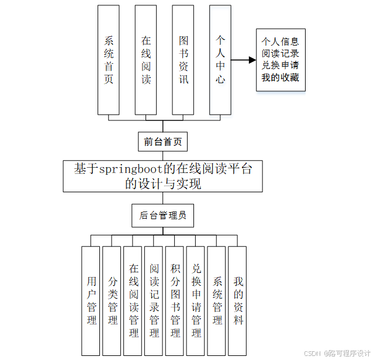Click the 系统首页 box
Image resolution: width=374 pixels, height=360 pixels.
pos(109,60)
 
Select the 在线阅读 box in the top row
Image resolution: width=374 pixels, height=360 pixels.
pos(146,60)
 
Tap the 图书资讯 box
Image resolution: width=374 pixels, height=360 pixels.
pos(183,60)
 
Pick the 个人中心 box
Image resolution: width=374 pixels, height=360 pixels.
pos(220,60)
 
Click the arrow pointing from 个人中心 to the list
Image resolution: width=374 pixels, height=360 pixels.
pos(243,60)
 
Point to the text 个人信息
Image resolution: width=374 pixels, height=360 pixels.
pos(280,41)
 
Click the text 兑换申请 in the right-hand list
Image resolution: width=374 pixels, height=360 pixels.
pos(280,65)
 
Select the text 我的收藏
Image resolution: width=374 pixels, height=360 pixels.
pos(280,77)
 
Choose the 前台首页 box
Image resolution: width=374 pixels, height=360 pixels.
pos(163,141)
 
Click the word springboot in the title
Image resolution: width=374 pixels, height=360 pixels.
pos(131,169)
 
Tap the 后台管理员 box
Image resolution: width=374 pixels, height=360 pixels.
pos(163,216)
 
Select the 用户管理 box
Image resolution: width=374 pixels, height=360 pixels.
pos(91,300)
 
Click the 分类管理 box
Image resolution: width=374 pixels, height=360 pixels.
pos(112,300)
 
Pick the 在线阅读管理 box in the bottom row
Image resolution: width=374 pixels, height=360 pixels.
pos(133,300)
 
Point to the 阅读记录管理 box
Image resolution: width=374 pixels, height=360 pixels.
pos(154,300)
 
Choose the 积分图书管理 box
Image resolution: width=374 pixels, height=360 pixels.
pos(175,300)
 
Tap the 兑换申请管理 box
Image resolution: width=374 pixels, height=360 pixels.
pos(196,300)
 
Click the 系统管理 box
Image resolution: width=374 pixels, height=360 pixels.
pos(217,300)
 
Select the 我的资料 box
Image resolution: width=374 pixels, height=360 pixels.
pos(238,300)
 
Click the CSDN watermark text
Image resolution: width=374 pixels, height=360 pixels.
pos(314,353)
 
